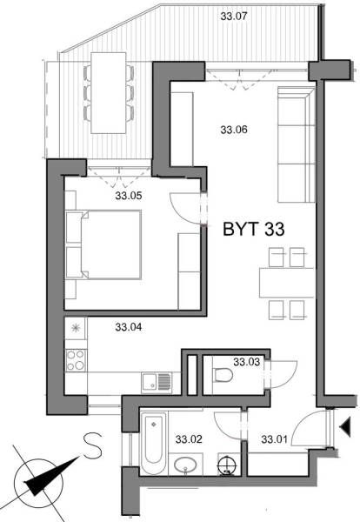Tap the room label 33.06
234,130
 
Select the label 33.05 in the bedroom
130,196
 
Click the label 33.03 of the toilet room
246,361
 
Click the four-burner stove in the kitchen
77,358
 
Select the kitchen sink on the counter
154,380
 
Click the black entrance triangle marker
345,426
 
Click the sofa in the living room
291,144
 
